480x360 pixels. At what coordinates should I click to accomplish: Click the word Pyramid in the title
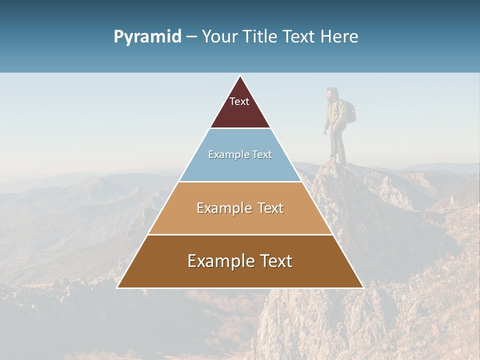coord(147,37)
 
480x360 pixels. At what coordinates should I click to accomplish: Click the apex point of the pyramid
coord(240,76)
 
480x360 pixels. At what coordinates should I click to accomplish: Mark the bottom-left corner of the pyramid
coord(117,287)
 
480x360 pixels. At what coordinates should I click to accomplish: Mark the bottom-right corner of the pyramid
coord(363,287)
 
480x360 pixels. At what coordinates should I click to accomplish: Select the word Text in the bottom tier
coord(272,261)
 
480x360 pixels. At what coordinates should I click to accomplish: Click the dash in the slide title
coord(191,37)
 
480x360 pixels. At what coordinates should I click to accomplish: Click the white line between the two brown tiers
coord(240,234)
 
